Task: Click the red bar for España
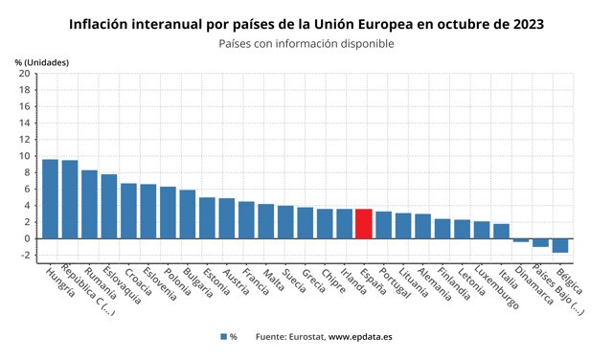(364, 223)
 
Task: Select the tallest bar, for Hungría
(50, 198)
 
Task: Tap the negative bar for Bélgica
(560, 245)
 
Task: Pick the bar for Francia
(246, 219)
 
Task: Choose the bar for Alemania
(422, 226)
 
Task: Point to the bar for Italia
(501, 231)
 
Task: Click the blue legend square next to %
(222, 337)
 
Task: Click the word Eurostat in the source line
(302, 337)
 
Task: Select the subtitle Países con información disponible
(306, 43)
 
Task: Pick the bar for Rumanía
(89, 204)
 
